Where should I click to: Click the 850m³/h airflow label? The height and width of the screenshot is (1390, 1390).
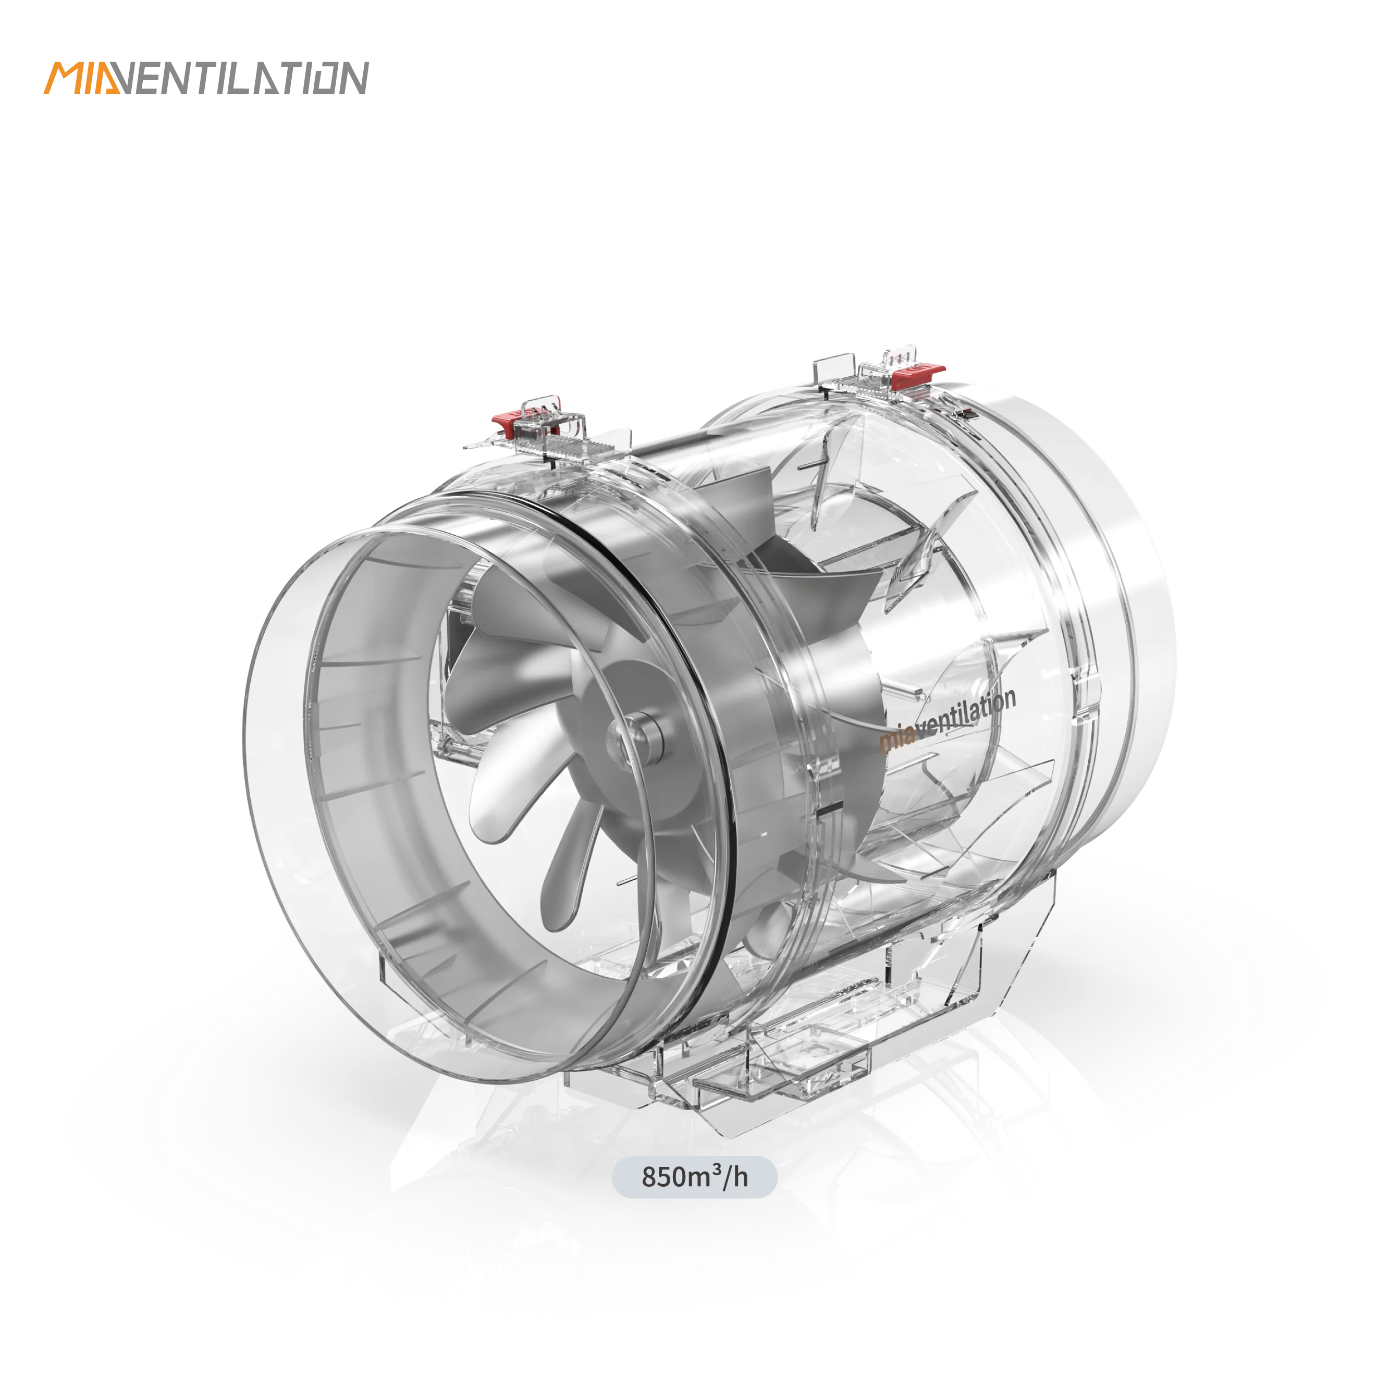(x=694, y=1178)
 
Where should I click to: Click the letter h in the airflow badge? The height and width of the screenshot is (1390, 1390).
(x=741, y=1178)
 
